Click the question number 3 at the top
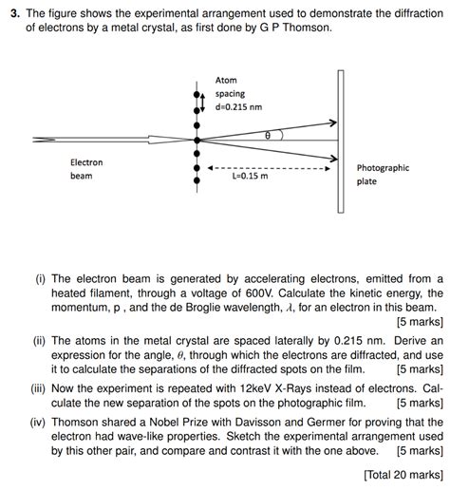coord(12,13)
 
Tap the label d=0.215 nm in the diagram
coord(238,107)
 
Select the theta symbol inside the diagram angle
coord(268,136)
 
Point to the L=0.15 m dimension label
coord(250,176)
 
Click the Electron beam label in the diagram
coord(86,169)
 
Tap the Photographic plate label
coord(383,174)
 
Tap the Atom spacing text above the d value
coord(229,86)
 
